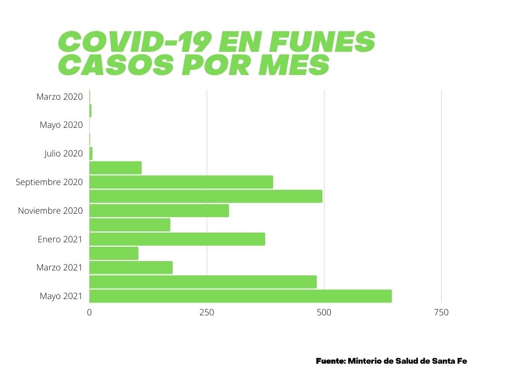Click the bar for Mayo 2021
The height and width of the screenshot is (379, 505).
(240, 296)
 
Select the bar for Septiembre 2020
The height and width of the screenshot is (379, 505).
(181, 182)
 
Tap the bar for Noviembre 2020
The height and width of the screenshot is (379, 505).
(159, 211)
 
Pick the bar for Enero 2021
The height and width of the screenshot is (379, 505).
(177, 239)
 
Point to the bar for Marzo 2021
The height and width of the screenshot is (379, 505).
(131, 267)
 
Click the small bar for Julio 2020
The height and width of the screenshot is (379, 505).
(91, 153)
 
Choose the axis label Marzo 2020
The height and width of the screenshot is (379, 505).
(60, 97)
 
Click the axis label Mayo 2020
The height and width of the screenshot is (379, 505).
(61, 125)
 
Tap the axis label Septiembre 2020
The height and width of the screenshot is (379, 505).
(49, 182)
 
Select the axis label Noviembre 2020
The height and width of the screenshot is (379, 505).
(50, 211)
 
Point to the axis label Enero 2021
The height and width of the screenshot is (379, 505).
(60, 239)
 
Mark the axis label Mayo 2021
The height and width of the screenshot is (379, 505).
(61, 296)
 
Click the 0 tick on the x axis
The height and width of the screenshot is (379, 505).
(89, 312)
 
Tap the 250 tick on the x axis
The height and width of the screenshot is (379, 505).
(207, 312)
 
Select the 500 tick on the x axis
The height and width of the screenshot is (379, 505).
(324, 312)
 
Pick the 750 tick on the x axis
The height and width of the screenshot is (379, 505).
(441, 312)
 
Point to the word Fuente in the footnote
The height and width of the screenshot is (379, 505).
(330, 361)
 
